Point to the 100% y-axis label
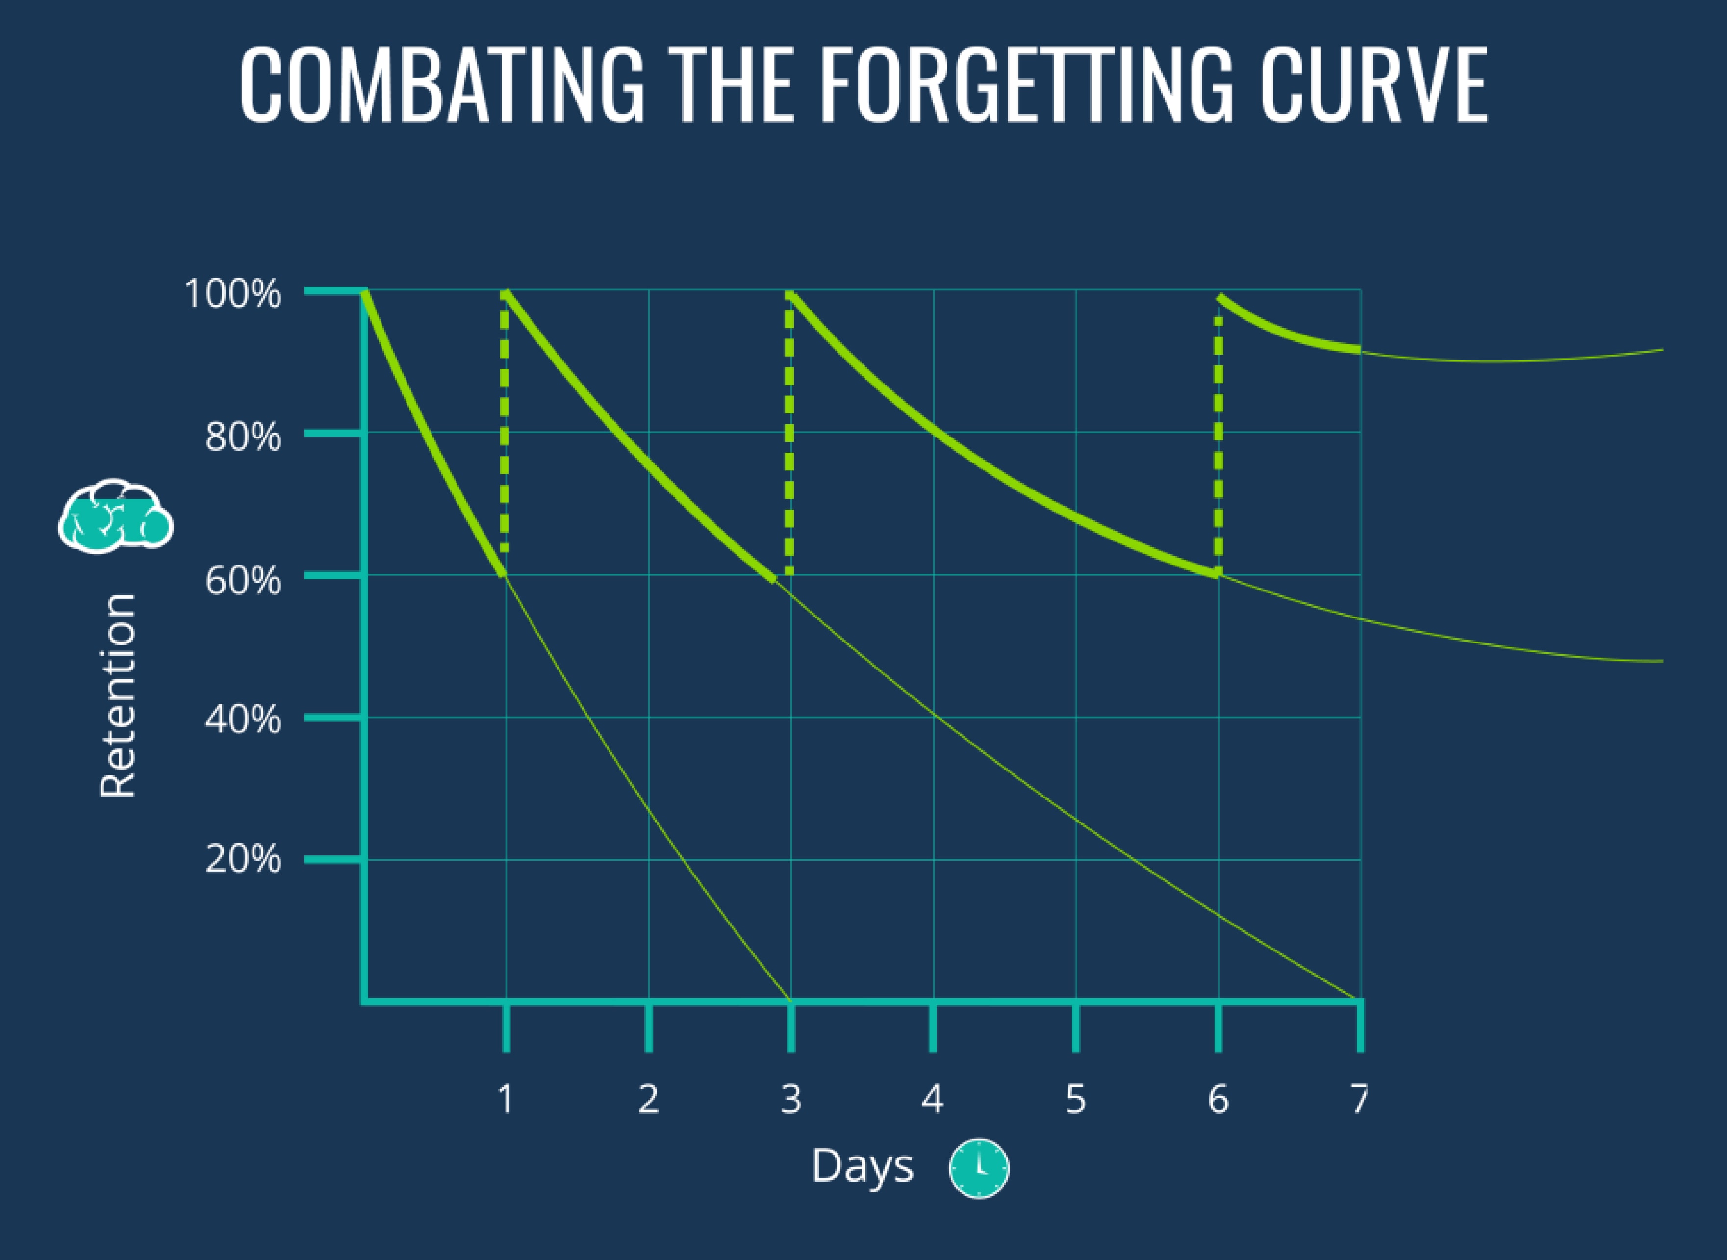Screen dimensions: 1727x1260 pos(232,294)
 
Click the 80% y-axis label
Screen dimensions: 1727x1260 pos(242,437)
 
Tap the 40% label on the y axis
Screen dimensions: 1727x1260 pos(242,719)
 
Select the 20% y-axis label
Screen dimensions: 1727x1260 pos(242,860)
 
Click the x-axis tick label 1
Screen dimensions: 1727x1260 pos(505,1099)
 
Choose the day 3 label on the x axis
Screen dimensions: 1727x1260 pos(791,1099)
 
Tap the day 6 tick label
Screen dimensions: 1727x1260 pos(1218,1099)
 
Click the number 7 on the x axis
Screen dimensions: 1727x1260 pos(1360,1099)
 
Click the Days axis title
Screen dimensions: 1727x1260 pos(863,1166)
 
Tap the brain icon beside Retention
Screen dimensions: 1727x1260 pos(116,515)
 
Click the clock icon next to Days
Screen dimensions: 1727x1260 pos(979,1168)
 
